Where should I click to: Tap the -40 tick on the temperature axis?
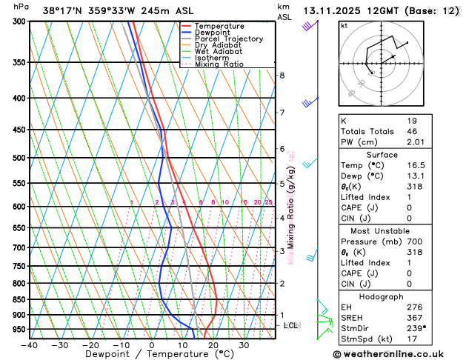tap(29, 345)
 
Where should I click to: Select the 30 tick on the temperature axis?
tap(243, 345)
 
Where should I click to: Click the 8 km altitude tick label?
tap(282, 76)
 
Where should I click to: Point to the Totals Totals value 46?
tap(412, 131)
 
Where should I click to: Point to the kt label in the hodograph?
tap(344, 26)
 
